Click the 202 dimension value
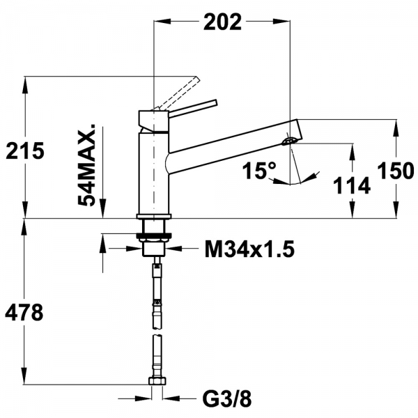[x=222, y=22]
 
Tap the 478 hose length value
[x=24, y=313]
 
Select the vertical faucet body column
[x=153, y=174]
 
